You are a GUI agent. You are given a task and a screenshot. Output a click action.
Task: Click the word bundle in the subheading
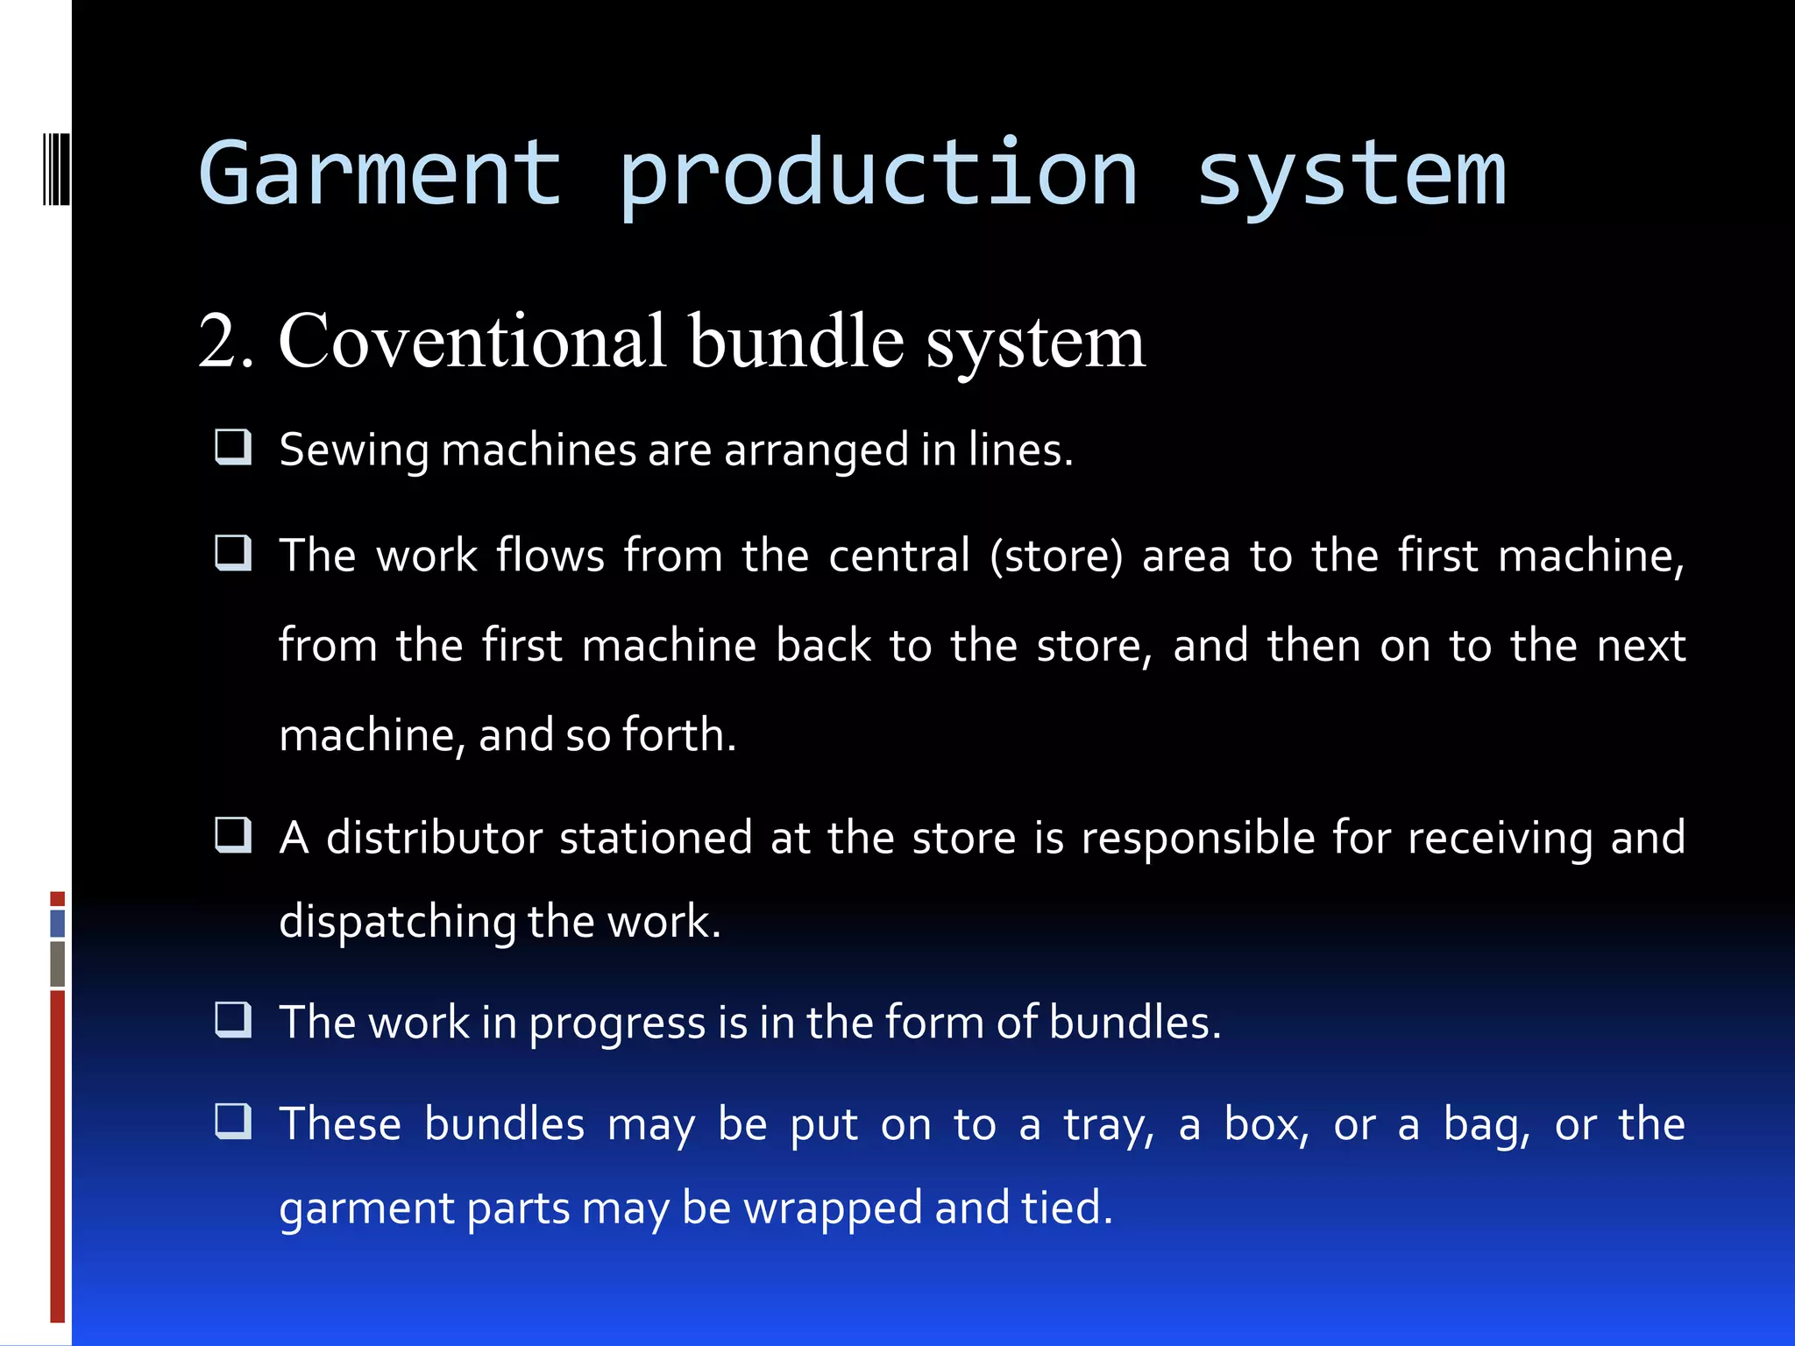(x=795, y=342)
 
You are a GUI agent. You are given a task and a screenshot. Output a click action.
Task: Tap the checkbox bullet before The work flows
(x=233, y=553)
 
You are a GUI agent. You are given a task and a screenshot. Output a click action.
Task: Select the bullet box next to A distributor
(x=233, y=835)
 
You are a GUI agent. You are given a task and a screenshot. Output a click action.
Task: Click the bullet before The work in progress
(x=233, y=1020)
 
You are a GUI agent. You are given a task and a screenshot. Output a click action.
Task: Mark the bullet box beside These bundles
(x=233, y=1122)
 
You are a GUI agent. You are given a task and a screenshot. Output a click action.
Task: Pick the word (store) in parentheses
(x=1056, y=556)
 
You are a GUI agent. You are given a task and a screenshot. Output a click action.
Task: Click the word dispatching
(x=397, y=922)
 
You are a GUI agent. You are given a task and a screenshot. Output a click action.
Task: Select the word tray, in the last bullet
(x=1108, y=1126)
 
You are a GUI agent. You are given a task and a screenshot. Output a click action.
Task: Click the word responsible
(x=1198, y=838)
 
